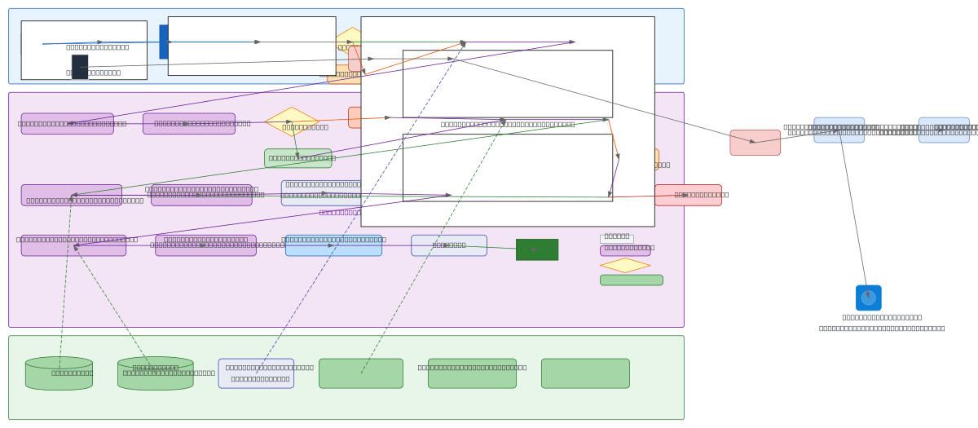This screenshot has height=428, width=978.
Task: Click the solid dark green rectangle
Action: coord(536,249)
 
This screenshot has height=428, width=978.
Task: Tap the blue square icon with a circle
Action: coord(868,298)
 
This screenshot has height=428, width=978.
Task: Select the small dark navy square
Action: coord(80,67)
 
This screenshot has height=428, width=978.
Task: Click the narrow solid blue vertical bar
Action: coord(163,42)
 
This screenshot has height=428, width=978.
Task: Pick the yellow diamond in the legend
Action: coord(624,265)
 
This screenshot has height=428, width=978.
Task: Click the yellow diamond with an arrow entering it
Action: coord(291,121)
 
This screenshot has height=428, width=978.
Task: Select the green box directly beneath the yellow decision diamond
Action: coord(297,158)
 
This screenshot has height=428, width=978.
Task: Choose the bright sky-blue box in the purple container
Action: coord(333,245)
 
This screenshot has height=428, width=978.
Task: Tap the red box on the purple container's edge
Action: coord(688,195)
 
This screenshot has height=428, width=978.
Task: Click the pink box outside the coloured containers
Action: coord(755,143)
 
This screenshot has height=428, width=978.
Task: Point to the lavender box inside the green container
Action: coord(256,373)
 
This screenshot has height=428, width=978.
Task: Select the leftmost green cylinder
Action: coord(59,373)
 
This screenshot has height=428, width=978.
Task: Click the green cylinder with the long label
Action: coord(155,373)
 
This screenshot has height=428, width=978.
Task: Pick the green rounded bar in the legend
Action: coord(631,280)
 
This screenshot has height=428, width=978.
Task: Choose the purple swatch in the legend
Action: coord(624,250)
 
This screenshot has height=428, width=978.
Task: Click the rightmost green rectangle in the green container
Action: coord(585,373)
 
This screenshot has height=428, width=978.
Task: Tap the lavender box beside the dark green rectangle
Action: coord(448,245)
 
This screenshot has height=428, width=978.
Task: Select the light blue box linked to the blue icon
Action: coord(839,130)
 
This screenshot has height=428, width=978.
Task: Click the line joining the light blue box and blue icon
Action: coord(853,212)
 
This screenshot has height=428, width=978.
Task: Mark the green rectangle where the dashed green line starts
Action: coord(360,373)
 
